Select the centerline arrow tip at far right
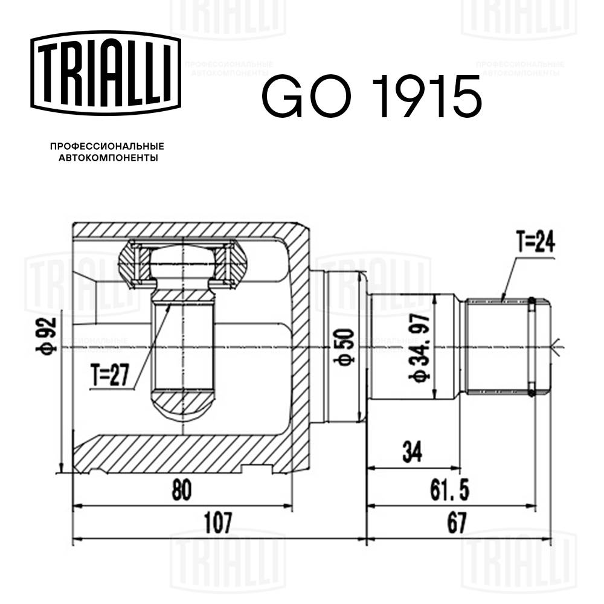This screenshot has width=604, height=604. [558, 347]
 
